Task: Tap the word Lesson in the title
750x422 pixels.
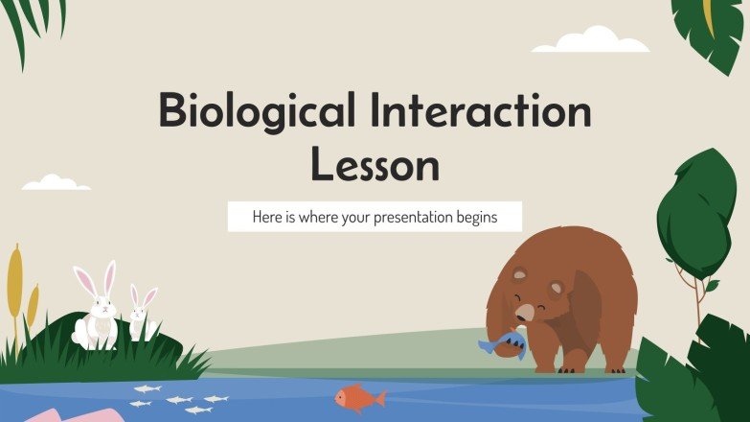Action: point(375,164)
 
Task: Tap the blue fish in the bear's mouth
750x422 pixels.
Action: point(501,343)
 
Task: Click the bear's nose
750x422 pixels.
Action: point(526,311)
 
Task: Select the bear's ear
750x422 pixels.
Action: point(518,275)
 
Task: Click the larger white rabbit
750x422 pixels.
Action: point(96,308)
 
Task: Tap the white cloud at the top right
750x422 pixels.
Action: point(591,40)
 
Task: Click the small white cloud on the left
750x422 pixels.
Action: point(56,182)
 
